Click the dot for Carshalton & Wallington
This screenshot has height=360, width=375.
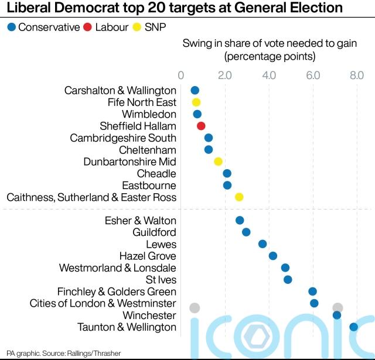point(195,90)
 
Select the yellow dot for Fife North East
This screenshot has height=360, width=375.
point(196,102)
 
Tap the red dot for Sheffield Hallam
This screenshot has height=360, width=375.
point(201,126)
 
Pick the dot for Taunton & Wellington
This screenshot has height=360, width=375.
point(353,327)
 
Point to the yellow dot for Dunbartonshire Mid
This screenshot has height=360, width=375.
point(218,162)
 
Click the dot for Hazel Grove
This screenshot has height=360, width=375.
point(272,256)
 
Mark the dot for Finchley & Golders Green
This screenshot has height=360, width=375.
point(312,292)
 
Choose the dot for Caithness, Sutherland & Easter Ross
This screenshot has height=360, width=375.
point(239,197)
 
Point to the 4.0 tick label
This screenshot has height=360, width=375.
point(269,75)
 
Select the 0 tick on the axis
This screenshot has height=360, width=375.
point(180,75)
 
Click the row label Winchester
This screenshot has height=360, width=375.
point(149,315)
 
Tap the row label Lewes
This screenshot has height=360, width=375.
point(161,244)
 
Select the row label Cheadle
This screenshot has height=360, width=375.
point(156,173)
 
